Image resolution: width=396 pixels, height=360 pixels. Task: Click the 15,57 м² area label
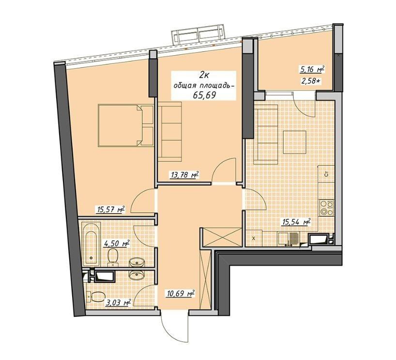[x=111, y=210]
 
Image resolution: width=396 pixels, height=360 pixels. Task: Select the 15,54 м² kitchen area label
[x=296, y=222]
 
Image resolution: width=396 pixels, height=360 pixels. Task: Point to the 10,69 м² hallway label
[x=180, y=294]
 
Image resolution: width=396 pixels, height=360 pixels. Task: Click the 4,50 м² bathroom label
[x=116, y=244]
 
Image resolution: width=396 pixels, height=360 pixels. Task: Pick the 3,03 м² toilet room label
[x=118, y=302]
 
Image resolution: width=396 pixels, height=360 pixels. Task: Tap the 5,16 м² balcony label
[x=312, y=69]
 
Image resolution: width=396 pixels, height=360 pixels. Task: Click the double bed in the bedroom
[x=125, y=125]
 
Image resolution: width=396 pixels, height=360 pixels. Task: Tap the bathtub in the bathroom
[x=91, y=244]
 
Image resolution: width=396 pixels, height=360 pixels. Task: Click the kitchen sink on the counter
[x=289, y=239]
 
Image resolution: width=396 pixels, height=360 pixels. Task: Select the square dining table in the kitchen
[x=295, y=142]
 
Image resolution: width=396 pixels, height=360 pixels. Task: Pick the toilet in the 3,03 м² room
[x=95, y=297]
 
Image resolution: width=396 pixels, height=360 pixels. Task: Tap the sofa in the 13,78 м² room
[x=170, y=131]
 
